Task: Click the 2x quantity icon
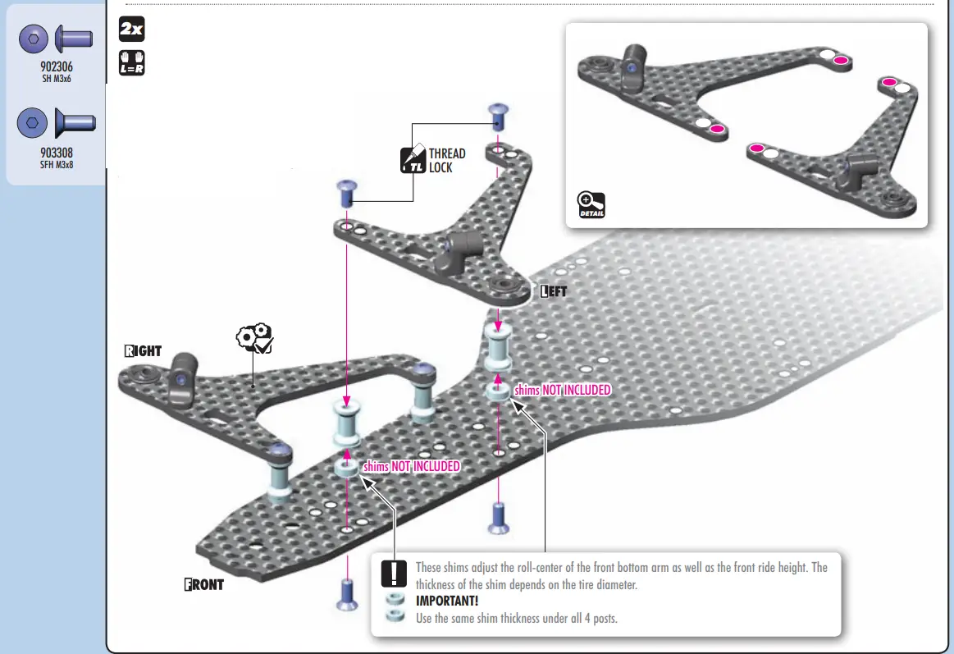click(131, 30)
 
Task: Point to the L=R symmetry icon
click(131, 62)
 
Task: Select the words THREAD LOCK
click(446, 160)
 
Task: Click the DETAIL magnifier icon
click(591, 204)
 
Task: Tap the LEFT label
click(554, 291)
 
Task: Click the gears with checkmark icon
click(254, 339)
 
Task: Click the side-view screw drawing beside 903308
click(75, 122)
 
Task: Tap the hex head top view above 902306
click(32, 38)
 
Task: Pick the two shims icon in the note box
click(395, 606)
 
